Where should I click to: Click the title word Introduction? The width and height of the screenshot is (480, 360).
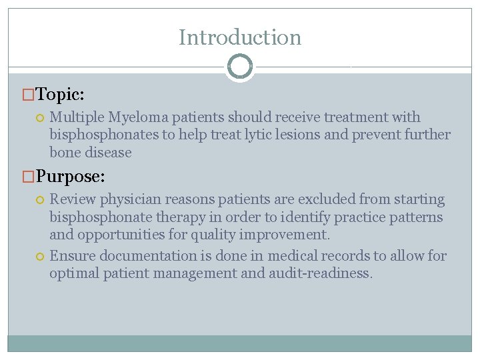tap(240, 37)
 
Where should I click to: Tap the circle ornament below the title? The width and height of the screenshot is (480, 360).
tap(239, 67)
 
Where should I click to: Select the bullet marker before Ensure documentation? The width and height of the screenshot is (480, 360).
tap(40, 256)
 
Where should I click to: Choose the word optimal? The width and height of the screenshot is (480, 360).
tap(73, 273)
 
